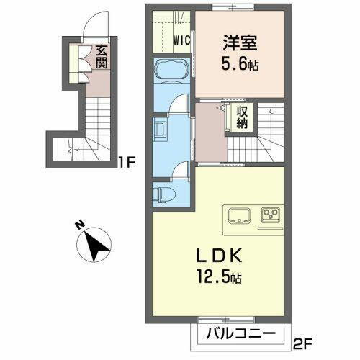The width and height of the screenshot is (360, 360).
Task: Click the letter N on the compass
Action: pos(78,227)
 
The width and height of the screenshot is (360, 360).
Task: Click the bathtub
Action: pos(171,72)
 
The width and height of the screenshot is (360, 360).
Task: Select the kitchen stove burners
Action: pos(271,215)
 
